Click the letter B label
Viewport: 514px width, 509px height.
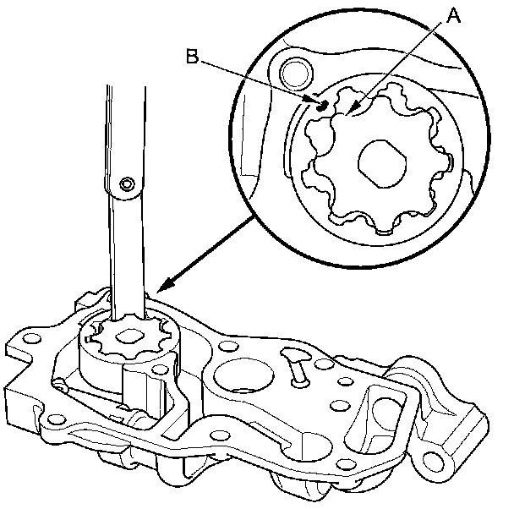[192, 57]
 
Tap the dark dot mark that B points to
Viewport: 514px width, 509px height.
[321, 104]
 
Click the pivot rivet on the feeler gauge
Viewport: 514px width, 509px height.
[128, 184]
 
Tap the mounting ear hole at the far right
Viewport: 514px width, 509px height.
[437, 461]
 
